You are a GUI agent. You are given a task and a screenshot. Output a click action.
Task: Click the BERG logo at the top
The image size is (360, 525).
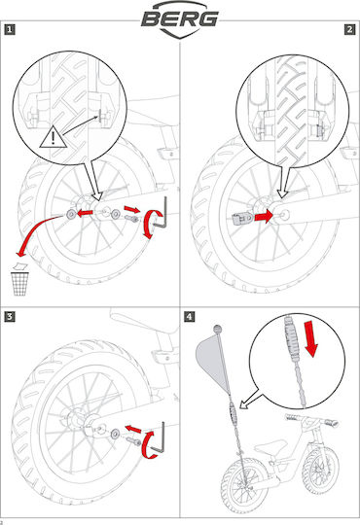(180, 19)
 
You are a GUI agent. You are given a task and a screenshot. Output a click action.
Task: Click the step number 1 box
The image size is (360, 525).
(10, 29)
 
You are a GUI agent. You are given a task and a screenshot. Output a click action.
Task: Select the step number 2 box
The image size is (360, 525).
(349, 29)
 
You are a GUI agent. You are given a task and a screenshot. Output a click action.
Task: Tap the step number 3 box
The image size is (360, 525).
(10, 316)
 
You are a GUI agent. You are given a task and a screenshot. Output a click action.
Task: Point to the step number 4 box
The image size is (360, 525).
(190, 316)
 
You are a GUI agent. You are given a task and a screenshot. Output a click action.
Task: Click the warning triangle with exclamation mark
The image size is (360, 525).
(53, 137)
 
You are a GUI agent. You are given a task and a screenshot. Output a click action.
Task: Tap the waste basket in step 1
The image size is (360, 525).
(19, 284)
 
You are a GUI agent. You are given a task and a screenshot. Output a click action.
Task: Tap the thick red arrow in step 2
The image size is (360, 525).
(264, 216)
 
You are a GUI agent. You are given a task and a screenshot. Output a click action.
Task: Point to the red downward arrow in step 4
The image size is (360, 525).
(310, 338)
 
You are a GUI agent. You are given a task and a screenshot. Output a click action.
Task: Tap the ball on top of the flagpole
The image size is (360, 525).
(218, 330)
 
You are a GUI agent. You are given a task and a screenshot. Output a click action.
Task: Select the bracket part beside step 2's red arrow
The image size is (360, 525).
(242, 219)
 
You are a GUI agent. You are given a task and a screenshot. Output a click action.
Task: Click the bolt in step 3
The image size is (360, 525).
(134, 441)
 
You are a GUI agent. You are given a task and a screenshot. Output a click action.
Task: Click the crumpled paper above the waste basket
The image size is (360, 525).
(19, 266)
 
